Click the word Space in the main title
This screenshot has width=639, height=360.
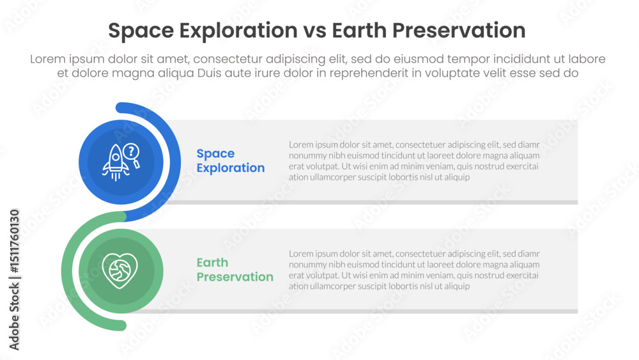click(141, 31)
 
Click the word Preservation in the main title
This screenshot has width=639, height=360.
click(459, 31)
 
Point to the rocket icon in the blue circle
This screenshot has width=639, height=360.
click(115, 162)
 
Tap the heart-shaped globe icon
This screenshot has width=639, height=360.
click(120, 270)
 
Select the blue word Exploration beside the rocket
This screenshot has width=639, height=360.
click(231, 168)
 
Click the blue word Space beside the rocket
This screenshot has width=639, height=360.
click(215, 153)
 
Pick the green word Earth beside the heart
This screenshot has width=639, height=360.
click(212, 263)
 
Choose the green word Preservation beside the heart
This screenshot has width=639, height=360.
click(235, 277)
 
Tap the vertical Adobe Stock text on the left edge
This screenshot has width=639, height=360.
click(14, 317)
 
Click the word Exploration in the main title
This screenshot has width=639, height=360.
click(238, 31)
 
